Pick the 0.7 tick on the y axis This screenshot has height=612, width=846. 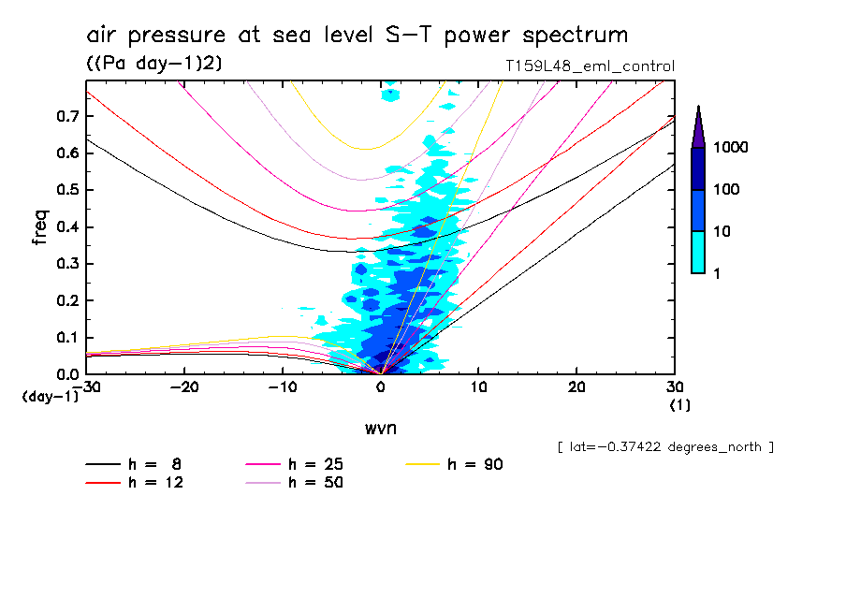(66, 116)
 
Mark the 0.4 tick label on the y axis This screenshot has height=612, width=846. (66, 227)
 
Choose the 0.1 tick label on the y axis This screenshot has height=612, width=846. (66, 338)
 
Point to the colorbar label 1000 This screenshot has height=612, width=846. (732, 149)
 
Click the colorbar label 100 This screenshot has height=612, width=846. (728, 190)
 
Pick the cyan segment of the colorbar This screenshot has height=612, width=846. (698, 253)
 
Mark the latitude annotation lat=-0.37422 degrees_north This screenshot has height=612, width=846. (664, 447)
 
